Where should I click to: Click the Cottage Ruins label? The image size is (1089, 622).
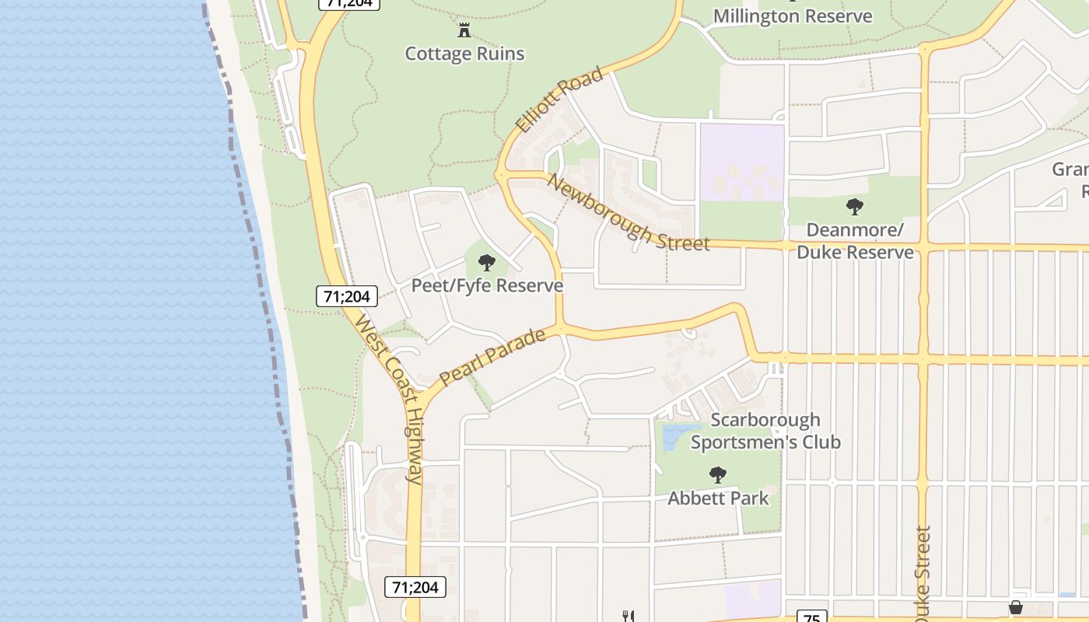click(x=464, y=54)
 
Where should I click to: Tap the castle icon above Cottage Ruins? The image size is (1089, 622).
click(x=464, y=30)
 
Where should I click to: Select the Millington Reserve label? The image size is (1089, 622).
click(x=793, y=16)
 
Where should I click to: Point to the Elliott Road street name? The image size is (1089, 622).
click(x=559, y=100)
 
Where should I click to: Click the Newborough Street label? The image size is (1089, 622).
click(x=629, y=212)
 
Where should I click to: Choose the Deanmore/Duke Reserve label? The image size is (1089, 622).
click(x=855, y=241)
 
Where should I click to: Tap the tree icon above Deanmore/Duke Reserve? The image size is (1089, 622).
click(x=855, y=207)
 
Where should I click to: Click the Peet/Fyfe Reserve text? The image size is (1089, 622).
click(x=487, y=285)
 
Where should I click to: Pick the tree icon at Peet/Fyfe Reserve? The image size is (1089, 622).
click(x=487, y=262)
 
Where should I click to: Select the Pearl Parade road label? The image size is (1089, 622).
click(x=492, y=357)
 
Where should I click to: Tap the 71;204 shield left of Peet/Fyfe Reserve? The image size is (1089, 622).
click(x=347, y=295)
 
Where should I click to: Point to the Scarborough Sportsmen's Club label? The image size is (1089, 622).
click(x=765, y=431)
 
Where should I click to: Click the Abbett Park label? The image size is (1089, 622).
click(x=718, y=498)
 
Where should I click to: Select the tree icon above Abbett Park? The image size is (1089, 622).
click(x=718, y=474)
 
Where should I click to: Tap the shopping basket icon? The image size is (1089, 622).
click(x=1015, y=607)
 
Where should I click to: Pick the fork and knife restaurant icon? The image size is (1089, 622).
click(x=629, y=616)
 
